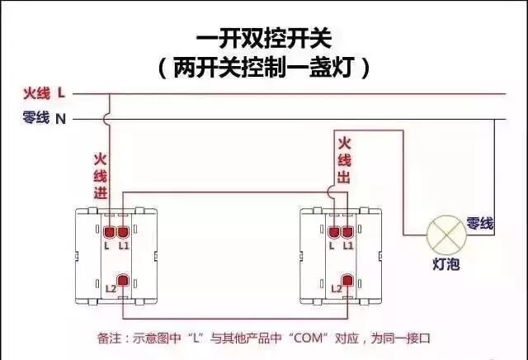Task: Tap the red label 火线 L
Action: point(44,93)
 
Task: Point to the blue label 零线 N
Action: point(44,119)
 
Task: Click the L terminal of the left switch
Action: point(108,233)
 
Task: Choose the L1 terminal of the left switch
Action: point(124,233)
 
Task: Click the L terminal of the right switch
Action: point(334,233)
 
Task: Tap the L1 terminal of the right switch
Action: point(349,233)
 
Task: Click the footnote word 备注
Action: point(109,339)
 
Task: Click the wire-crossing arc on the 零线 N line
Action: point(108,119)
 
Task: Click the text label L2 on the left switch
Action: point(110,288)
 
